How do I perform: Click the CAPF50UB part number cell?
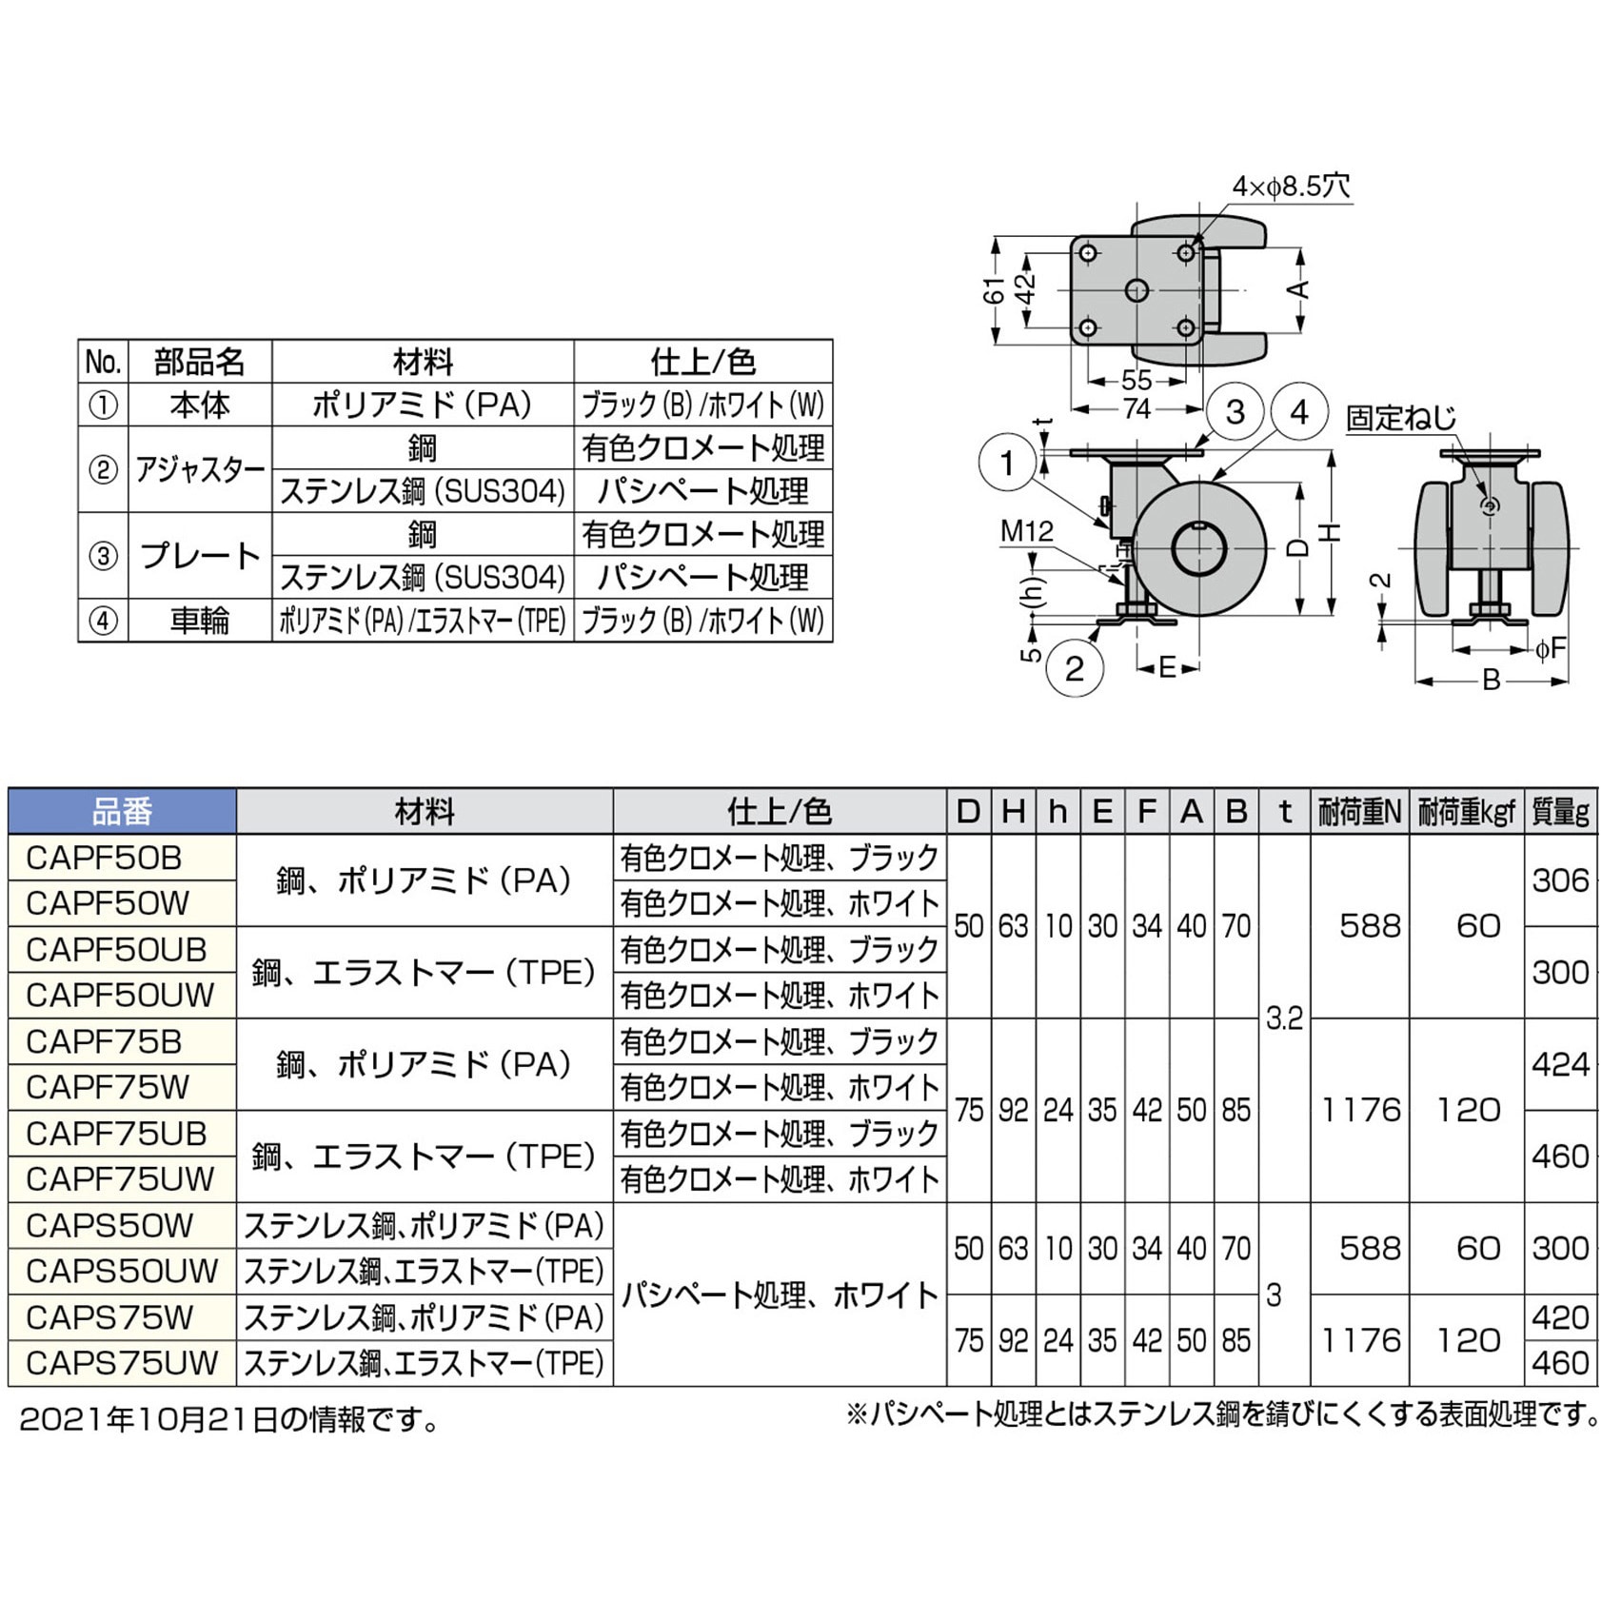[122, 949]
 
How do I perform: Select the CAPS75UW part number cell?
[122, 1363]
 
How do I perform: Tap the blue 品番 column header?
[122, 812]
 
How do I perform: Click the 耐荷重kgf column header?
[1466, 812]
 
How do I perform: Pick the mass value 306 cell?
[1561, 880]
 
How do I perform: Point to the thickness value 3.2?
[1284, 1018]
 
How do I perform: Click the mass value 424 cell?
[1561, 1064]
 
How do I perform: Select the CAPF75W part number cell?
[122, 1087]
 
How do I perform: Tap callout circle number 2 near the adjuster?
[1075, 668]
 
